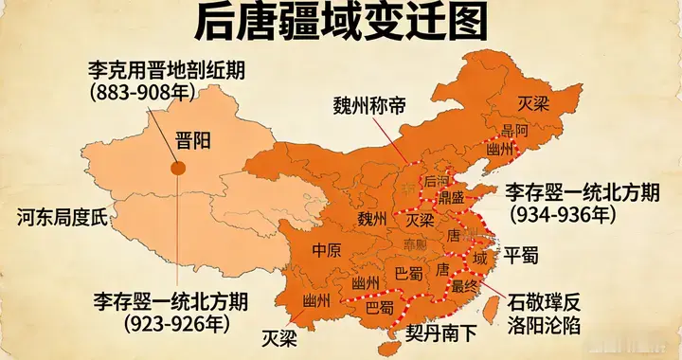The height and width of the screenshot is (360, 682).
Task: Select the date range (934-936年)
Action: click(565, 214)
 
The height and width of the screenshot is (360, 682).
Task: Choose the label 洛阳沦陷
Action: click(543, 325)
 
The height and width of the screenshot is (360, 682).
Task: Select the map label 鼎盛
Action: click(451, 197)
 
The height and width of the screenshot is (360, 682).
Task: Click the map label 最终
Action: click(464, 284)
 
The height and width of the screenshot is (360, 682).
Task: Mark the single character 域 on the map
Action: click(480, 257)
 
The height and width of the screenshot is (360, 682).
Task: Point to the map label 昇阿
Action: click(515, 131)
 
